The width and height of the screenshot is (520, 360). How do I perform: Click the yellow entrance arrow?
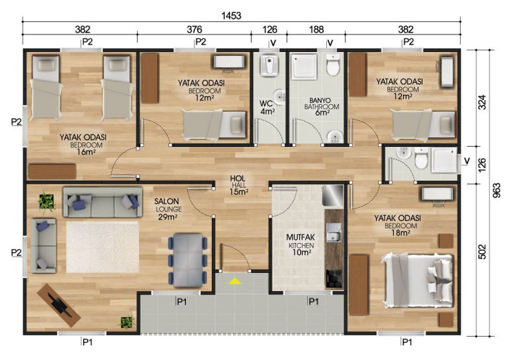coord(235,281)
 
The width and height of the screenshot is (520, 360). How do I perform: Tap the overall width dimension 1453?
coord(231,16)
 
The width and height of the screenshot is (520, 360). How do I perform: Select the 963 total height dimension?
coord(497,190)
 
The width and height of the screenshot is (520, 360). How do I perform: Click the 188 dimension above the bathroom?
coord(317,29)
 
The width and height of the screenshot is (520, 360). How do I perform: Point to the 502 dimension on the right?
coord(482,251)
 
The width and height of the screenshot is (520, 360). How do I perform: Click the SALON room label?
coord(166,201)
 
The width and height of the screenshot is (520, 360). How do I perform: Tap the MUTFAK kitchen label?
coord(300,237)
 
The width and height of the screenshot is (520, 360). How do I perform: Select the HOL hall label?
coord(237,179)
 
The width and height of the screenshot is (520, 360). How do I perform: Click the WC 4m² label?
coord(267,107)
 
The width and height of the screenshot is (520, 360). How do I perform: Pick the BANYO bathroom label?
coord(320,100)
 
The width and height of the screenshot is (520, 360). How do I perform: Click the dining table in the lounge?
coord(188,260)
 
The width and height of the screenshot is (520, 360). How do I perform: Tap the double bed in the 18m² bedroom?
coord(417,281)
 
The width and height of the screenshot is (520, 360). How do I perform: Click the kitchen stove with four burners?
coord(335,279)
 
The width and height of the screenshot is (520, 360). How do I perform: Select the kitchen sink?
coord(333,232)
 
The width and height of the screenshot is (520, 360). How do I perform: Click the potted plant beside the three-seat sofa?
coord(46,201)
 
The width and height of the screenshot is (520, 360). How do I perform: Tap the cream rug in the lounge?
coord(103,247)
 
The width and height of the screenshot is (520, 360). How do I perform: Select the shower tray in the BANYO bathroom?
coord(304,67)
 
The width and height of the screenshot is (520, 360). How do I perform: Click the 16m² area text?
coord(86,152)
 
